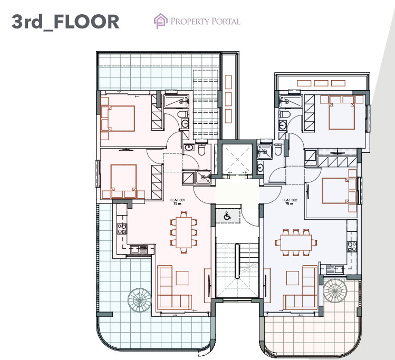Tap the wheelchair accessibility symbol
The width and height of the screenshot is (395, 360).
(x=227, y=216)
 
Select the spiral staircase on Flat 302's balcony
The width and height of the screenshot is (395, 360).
(x=335, y=290)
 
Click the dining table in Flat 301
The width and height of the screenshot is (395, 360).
(x=184, y=232)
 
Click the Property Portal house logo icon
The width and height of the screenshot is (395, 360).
(x=161, y=21)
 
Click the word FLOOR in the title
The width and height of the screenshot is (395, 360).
(x=86, y=22)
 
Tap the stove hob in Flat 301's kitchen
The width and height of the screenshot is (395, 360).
(x=122, y=229)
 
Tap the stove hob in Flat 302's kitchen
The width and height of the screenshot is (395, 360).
(x=352, y=247)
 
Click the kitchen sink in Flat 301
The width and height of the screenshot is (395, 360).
(x=138, y=249)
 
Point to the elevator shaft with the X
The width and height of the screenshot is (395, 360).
(x=237, y=159)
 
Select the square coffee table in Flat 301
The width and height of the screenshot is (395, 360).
(x=182, y=278)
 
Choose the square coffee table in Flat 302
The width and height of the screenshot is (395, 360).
(x=293, y=278)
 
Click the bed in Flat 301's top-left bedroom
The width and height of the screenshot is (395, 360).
(x=118, y=119)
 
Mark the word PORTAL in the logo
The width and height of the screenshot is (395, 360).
(x=226, y=21)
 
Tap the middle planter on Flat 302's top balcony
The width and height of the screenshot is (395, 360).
(x=321, y=83)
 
